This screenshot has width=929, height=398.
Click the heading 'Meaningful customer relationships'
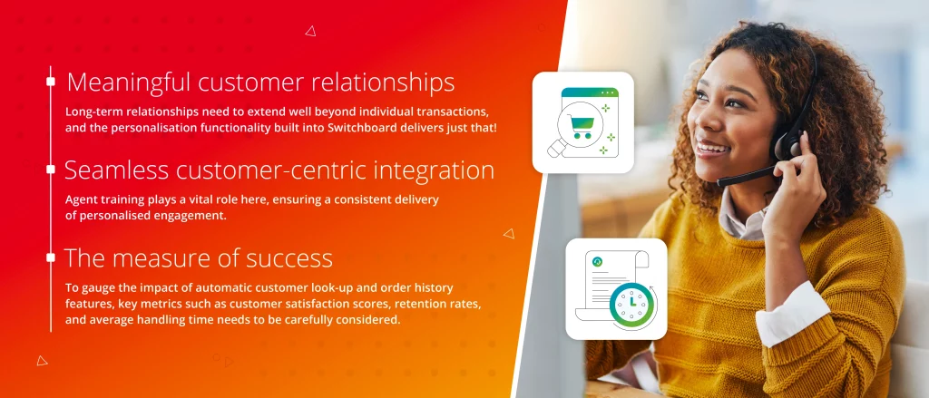[260, 83]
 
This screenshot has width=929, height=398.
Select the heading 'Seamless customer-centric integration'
[279, 170]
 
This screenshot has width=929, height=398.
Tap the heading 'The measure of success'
[199, 258]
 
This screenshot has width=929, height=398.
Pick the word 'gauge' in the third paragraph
[98, 289]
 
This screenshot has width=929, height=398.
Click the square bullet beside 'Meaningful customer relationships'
[51, 81]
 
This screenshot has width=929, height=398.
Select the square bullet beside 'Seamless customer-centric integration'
[51, 170]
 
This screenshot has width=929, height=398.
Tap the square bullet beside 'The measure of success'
[51, 257]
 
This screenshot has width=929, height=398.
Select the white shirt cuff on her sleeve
[793, 312]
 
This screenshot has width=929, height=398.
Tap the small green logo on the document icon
[598, 262]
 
